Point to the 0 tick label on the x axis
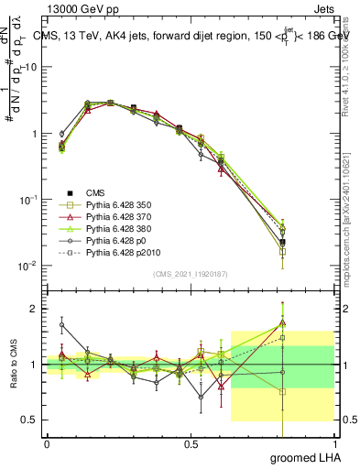click(x=47, y=443)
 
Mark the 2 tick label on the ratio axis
click(x=33, y=309)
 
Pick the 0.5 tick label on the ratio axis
click(x=28, y=420)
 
